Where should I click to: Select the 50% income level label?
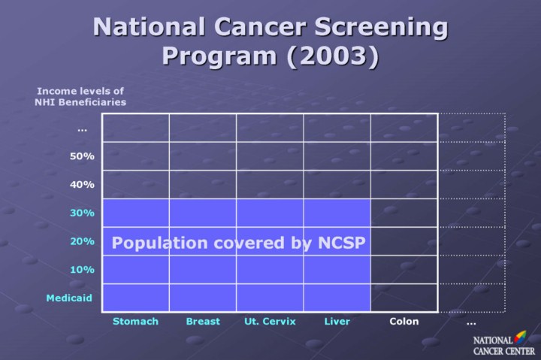pyautogui.click(x=82, y=156)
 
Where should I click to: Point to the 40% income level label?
pyautogui.click(x=82, y=184)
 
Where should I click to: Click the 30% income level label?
pyautogui.click(x=82, y=213)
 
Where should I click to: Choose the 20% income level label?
pyautogui.click(x=82, y=241)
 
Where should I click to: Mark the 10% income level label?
pyautogui.click(x=82, y=269)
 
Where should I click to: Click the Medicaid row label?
pyautogui.click(x=69, y=298)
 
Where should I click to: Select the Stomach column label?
pyautogui.click(x=135, y=321)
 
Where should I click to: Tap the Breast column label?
pyautogui.click(x=203, y=321)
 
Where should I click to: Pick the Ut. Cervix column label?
pyautogui.click(x=270, y=321)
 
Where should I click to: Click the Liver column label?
pyautogui.click(x=337, y=321)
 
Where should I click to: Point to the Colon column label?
pyautogui.click(x=404, y=321)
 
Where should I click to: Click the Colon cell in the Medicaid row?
pyautogui.click(x=404, y=298)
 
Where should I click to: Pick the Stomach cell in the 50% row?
pyautogui.click(x=135, y=156)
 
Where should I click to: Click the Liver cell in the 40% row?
pyautogui.click(x=337, y=184)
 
